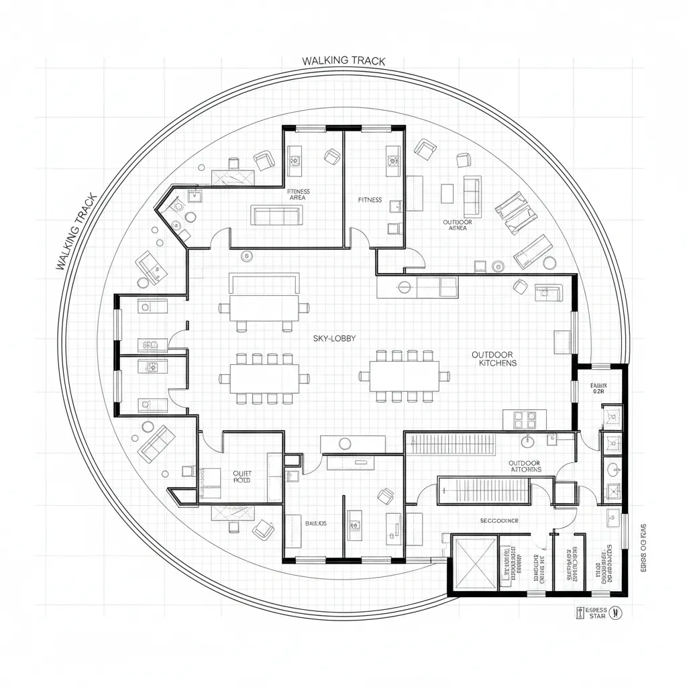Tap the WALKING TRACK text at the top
(x=343, y=61)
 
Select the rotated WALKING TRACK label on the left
(x=76, y=231)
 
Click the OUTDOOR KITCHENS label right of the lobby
(x=493, y=358)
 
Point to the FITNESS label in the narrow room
(x=370, y=200)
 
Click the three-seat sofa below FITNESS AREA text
(x=276, y=215)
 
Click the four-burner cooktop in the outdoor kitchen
(x=525, y=420)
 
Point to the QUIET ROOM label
(x=241, y=476)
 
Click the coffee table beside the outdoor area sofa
(x=447, y=193)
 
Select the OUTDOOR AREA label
(x=457, y=225)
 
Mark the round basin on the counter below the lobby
(x=346, y=443)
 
